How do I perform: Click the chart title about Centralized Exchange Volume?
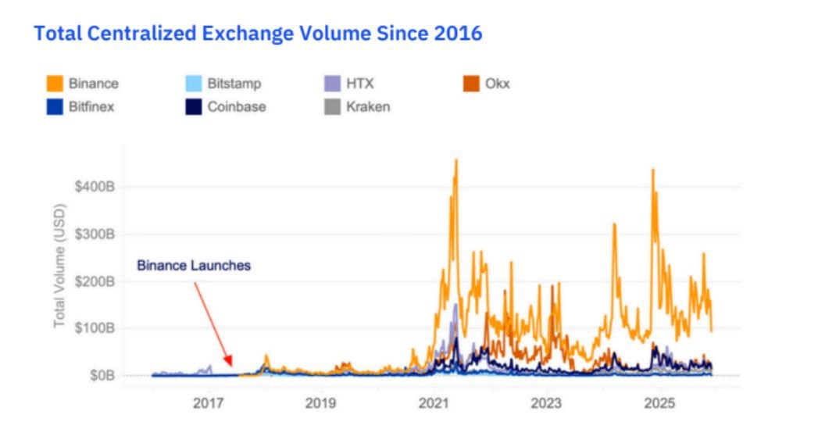[x=258, y=34]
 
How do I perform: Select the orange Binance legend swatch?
[x=55, y=83]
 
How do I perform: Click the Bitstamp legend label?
[x=234, y=83]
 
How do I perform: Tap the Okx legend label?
[x=497, y=83]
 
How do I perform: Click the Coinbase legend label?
[x=236, y=106]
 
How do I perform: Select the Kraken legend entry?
[x=367, y=106]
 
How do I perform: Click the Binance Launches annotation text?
[x=194, y=266]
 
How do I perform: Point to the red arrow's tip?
[x=230, y=367]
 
